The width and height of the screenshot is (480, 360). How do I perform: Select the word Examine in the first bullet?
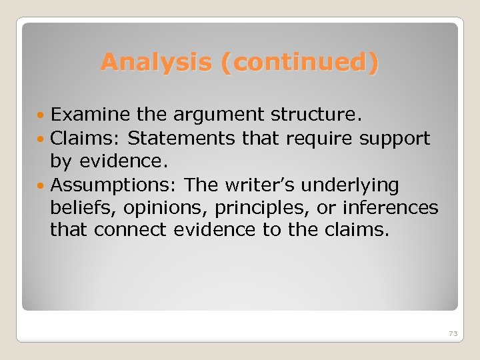(x=85, y=115)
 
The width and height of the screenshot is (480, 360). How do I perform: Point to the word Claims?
(x=85, y=138)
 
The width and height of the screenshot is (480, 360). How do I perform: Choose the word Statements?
(x=181, y=138)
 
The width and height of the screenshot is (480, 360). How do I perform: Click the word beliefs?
(x=75, y=207)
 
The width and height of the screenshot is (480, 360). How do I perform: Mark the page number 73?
(x=453, y=333)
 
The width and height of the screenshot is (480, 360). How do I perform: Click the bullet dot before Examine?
(x=43, y=116)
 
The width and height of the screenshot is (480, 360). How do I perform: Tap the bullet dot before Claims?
(x=43, y=139)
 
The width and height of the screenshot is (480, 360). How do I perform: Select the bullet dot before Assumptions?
(x=43, y=185)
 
